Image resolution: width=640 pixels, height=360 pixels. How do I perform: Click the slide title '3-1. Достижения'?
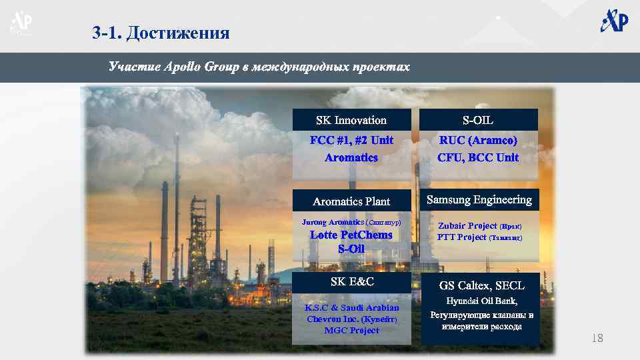coord(160,33)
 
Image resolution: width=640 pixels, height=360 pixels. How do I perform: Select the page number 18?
coord(597,339)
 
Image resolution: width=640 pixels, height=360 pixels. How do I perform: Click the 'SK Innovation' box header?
coord(351,120)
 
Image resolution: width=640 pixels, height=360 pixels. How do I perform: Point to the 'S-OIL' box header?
coord(478,120)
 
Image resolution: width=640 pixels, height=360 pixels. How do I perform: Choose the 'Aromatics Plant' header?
coord(351,201)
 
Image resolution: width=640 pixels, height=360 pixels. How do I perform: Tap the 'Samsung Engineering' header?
coord(479,199)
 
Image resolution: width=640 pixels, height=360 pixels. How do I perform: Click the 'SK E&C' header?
coord(352,282)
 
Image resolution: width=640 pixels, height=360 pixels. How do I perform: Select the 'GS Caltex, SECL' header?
coord(481,285)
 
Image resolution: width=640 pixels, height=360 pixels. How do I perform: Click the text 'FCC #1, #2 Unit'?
coord(351,141)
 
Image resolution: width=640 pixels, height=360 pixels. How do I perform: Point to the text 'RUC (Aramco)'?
coord(478,141)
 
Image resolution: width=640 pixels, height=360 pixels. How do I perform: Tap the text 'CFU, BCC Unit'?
coord(478,158)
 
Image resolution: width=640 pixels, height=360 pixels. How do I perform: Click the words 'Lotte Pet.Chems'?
coord(351,235)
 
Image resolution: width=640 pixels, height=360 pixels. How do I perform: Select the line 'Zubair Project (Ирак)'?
coord(479,226)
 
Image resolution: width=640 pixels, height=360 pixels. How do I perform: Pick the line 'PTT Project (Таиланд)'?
coord(479,237)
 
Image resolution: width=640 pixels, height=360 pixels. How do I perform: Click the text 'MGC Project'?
coord(351,330)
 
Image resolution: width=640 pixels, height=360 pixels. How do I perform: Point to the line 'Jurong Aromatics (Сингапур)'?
coord(351,221)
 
